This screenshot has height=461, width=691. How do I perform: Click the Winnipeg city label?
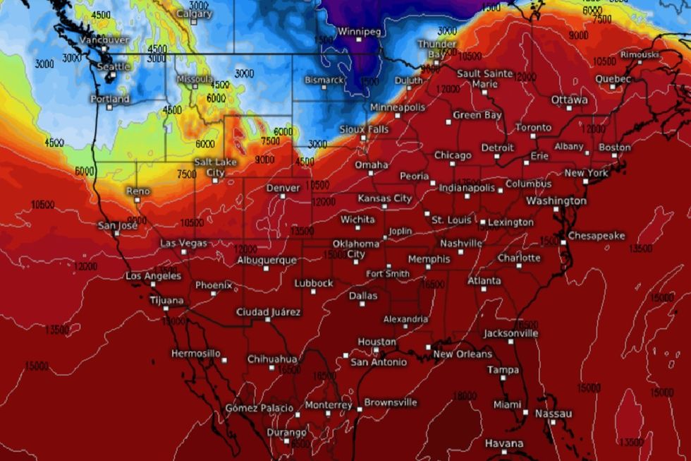pos(360,32)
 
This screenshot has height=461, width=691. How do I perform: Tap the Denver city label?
pos(283,188)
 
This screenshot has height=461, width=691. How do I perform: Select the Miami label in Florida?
pos(508,405)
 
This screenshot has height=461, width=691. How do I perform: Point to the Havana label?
pos(504,443)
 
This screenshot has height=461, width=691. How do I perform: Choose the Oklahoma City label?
pos(356,249)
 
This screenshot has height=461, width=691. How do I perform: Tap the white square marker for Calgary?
pos(193,23)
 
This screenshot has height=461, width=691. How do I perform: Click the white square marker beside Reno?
pos(137,200)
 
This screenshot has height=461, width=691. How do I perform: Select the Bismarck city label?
pos(324,80)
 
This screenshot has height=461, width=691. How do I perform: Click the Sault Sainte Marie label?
pos(484,78)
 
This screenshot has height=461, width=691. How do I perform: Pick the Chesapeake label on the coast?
pos(596,236)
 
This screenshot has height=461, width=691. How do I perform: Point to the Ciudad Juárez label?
pos(268,312)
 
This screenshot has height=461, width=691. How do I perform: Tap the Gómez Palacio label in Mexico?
pos(259,408)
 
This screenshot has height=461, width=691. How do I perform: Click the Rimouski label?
pos(640,54)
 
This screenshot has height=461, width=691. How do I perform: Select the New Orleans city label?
pos(463,354)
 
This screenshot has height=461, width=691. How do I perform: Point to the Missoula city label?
pos(194,79)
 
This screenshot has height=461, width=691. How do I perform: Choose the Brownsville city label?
pos(391,402)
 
